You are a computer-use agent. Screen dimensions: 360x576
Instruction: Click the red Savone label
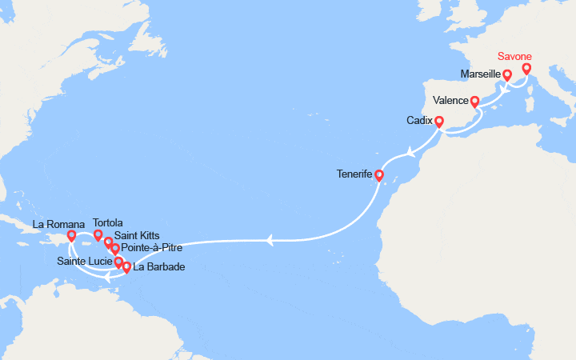point(515,57)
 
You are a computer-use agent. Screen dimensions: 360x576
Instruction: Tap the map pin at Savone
point(526,70)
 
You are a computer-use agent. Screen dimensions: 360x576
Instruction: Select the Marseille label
point(481,74)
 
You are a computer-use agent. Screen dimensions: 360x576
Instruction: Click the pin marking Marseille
point(507,76)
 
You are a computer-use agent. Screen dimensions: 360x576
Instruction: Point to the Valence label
point(450,101)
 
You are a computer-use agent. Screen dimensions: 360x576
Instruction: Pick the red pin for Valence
point(474,102)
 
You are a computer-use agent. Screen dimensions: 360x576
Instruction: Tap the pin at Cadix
point(438,122)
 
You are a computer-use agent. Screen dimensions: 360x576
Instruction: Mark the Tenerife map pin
point(379,175)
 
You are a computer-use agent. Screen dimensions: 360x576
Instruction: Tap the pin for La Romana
point(72,236)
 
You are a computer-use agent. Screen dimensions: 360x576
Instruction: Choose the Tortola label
point(108,223)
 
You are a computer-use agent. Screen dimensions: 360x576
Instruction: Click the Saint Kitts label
point(137,235)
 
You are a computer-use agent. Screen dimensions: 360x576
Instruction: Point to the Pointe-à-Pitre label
point(151,248)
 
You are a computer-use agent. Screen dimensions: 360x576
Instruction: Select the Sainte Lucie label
point(84,262)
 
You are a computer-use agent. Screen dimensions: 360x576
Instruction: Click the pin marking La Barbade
point(126,267)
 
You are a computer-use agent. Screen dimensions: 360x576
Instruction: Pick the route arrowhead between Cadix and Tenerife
point(410,151)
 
